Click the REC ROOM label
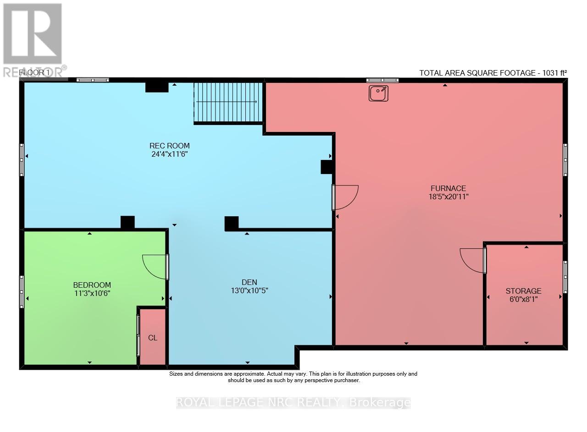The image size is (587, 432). coord(170,146)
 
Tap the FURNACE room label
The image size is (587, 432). coord(449,188)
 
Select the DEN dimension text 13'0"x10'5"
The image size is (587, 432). coord(249,290)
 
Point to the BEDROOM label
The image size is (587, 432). coord(92,285)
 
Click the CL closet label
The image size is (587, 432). coord(153,338)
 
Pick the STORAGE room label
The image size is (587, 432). coord(523,291)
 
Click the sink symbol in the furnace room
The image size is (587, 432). coord(378,93)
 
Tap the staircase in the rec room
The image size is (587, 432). coord(228,103)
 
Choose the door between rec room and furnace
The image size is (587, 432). coord(345,197)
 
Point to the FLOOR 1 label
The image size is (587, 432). coord(34,73)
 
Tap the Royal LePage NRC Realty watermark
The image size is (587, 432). coord(293,402)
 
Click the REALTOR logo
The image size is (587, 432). coord(33,40)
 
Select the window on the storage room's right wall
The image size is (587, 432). coord(565,277)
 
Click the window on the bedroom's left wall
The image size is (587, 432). coord(22,292)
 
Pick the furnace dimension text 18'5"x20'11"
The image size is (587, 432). coord(449,197)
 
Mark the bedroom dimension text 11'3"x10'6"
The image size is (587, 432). coord(92,293)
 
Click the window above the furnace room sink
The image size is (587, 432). coord(382,80)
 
